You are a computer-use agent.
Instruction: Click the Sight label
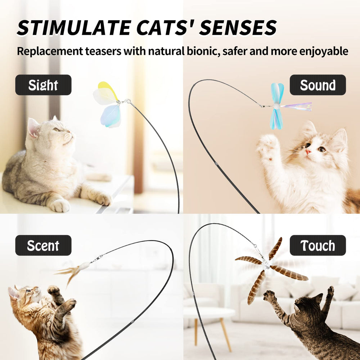[43, 85]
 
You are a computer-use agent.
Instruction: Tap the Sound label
[318, 85]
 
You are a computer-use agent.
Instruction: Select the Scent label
[43, 245]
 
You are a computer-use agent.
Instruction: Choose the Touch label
[318, 245]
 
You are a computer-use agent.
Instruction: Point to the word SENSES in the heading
[238, 28]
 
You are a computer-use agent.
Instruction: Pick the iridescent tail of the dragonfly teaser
[297, 107]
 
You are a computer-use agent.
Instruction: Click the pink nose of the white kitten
[308, 152]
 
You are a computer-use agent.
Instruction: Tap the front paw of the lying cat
[60, 205]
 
